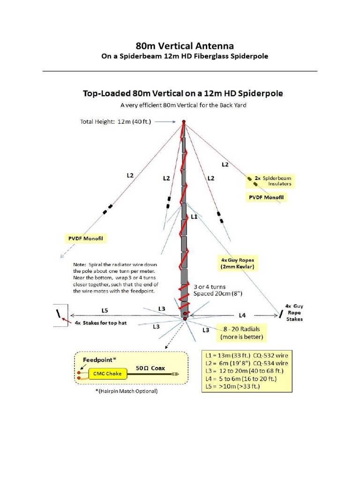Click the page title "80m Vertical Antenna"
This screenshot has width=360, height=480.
[x=184, y=46]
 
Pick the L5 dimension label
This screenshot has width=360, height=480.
[x=105, y=310]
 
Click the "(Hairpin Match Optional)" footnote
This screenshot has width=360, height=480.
[x=126, y=391]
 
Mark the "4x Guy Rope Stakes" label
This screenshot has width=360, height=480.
[x=294, y=312]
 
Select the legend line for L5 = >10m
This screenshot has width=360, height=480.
[x=233, y=386]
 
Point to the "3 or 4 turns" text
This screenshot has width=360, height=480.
[x=210, y=286]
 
